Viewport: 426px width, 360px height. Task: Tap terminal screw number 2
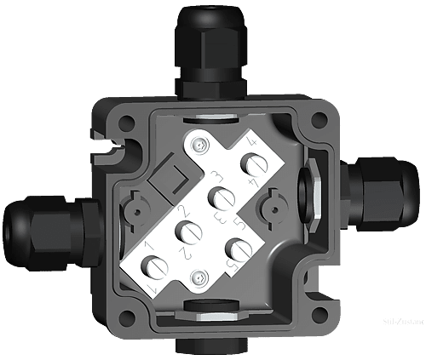coord(186,230)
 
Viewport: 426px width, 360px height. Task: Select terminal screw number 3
coord(220,198)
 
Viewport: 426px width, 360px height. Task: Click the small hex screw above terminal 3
coord(199,146)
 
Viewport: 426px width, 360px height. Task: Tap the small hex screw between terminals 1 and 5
coord(199,277)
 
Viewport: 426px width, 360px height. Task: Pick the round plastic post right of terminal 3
coord(273,205)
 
